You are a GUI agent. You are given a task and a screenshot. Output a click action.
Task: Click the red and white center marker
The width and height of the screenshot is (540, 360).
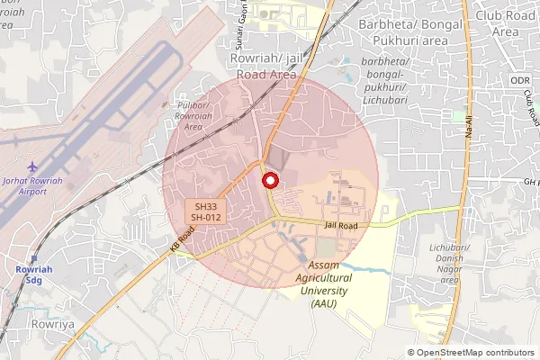269,181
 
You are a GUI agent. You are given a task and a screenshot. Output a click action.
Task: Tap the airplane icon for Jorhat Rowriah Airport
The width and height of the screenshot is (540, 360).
33,167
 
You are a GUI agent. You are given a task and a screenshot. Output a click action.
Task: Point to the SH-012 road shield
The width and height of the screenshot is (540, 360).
206,218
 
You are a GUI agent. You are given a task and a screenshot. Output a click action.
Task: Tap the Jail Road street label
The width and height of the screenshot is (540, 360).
342,225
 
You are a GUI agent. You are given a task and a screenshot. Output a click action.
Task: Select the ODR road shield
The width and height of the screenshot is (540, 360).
520,81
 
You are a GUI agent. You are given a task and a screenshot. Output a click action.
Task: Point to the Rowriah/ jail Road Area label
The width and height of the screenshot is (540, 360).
265,67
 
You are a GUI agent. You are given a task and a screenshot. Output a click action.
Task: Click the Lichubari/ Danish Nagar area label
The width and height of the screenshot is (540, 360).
445,264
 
